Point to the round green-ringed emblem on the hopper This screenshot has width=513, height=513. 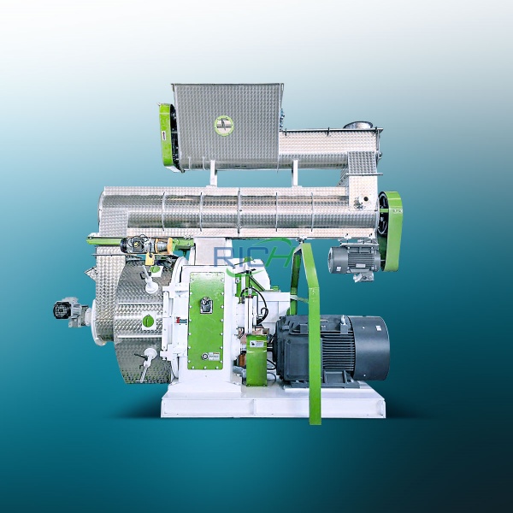point(224,124)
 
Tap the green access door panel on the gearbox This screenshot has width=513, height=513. point(206,321)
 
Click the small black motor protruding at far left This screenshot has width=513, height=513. point(65,310)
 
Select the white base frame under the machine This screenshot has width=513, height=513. point(274,402)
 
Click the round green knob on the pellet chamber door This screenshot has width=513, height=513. point(148,321)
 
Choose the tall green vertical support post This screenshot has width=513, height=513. point(314,342)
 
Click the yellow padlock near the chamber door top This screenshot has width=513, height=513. point(150,256)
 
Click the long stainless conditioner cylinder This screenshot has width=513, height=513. point(239,209)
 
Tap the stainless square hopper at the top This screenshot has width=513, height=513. point(227,125)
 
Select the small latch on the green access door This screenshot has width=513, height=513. point(205,303)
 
